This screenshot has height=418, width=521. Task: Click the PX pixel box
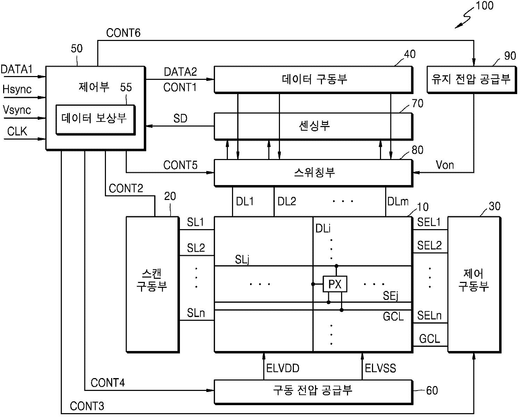click(335, 284)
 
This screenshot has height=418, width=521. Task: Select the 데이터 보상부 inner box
click(96, 120)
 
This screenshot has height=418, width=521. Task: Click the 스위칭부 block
click(314, 173)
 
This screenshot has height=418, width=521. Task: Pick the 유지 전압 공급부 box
click(472, 80)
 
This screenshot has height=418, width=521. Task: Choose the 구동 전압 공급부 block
click(314, 392)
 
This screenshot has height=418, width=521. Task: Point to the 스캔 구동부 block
click(153, 285)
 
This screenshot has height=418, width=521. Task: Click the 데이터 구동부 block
click(314, 80)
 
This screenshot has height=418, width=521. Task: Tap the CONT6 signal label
click(123, 33)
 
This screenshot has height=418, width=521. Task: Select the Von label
click(445, 165)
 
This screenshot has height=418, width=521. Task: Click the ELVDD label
click(283, 368)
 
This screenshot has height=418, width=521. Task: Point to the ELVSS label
click(380, 368)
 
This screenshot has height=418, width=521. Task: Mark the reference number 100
click(485, 6)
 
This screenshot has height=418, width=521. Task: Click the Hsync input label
click(17, 89)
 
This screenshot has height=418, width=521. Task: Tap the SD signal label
click(180, 118)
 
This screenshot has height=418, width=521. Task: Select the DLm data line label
click(398, 201)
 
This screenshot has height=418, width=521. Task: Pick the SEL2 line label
click(429, 245)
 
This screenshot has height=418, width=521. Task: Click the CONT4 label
click(108, 383)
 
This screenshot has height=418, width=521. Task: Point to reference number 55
click(126, 87)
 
